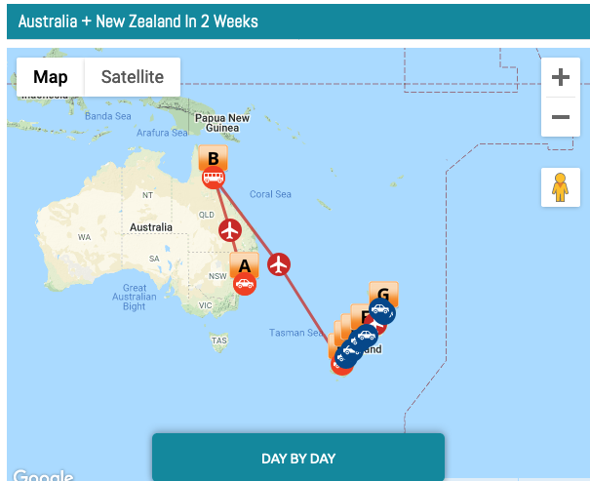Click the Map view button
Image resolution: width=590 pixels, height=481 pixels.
51,77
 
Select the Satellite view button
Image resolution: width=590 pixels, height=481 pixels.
133,77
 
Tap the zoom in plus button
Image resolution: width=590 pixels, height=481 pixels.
560,77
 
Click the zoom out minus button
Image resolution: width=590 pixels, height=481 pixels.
560,117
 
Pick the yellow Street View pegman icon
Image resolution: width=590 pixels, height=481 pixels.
560,186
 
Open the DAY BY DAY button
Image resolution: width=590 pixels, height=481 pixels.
297,459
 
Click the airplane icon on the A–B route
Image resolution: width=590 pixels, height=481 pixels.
230,230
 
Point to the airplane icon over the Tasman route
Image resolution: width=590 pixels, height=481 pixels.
279,263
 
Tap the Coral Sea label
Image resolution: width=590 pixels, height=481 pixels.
270,194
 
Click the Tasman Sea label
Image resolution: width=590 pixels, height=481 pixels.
296,333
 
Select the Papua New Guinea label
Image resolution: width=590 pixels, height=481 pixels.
222,123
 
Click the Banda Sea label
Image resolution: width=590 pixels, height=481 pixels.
107,116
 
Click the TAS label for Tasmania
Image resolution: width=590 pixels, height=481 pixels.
219,341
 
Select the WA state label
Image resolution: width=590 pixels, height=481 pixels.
84,237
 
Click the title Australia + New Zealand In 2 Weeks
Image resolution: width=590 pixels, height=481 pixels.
138,20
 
